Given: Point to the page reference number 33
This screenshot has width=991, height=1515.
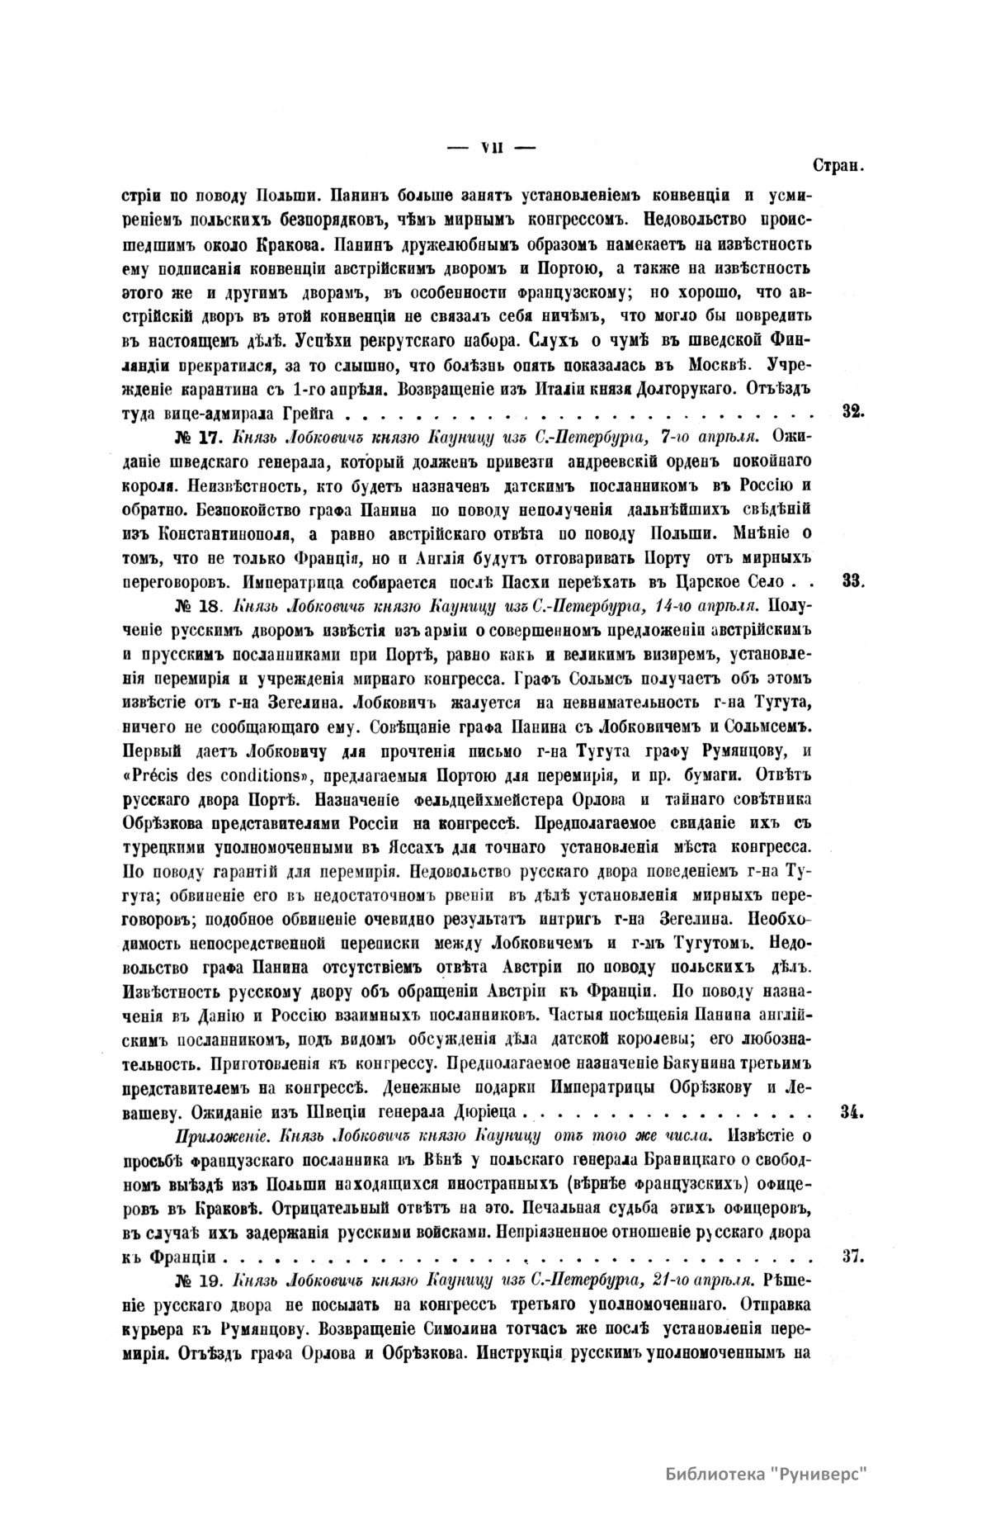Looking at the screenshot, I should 852,580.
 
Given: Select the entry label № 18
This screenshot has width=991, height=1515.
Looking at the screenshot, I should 197,605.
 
